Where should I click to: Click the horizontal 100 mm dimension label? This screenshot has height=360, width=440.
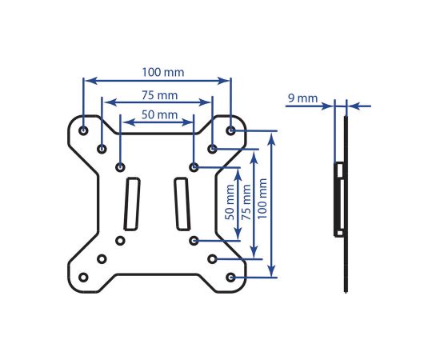[163, 72]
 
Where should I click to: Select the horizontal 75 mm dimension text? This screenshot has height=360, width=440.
[159, 95]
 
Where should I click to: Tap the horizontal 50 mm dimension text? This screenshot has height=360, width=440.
[159, 114]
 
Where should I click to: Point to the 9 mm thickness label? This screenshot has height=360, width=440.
[302, 98]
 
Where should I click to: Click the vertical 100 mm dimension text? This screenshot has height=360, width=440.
[262, 199]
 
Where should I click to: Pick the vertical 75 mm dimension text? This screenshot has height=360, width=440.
[246, 202]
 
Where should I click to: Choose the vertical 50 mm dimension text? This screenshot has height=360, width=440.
[230, 202]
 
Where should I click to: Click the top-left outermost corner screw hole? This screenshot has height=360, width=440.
[83, 130]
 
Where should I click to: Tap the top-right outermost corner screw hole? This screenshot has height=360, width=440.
[230, 130]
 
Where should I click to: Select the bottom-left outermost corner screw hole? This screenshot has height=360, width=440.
[83, 278]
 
